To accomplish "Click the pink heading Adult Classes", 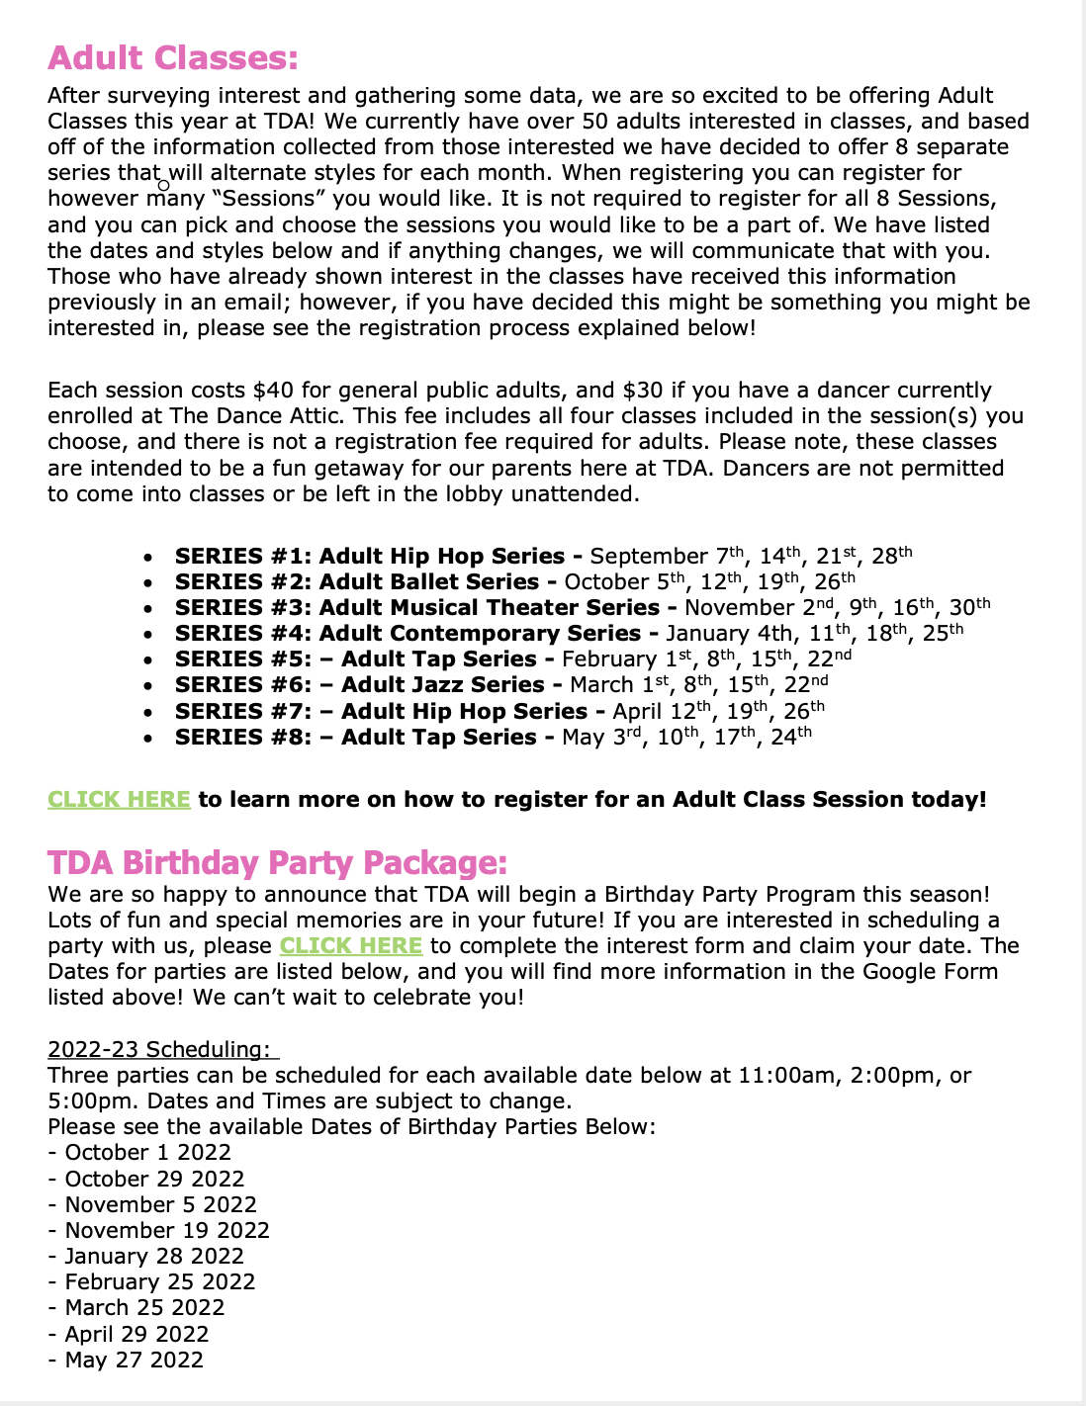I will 172,58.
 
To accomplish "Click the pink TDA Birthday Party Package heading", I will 277,863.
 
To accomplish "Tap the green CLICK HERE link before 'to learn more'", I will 119,799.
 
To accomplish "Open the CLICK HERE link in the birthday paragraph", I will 350,945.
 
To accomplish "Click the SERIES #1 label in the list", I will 242,557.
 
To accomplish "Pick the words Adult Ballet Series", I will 429,582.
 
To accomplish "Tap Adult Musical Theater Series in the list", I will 489,608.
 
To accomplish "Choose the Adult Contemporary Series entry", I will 480,634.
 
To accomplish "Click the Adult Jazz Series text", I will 443,685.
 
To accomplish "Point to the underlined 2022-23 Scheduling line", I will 162,1049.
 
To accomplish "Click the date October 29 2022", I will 154,1179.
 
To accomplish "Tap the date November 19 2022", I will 167,1231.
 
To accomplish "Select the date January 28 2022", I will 154,1257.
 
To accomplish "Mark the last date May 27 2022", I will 135,1361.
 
